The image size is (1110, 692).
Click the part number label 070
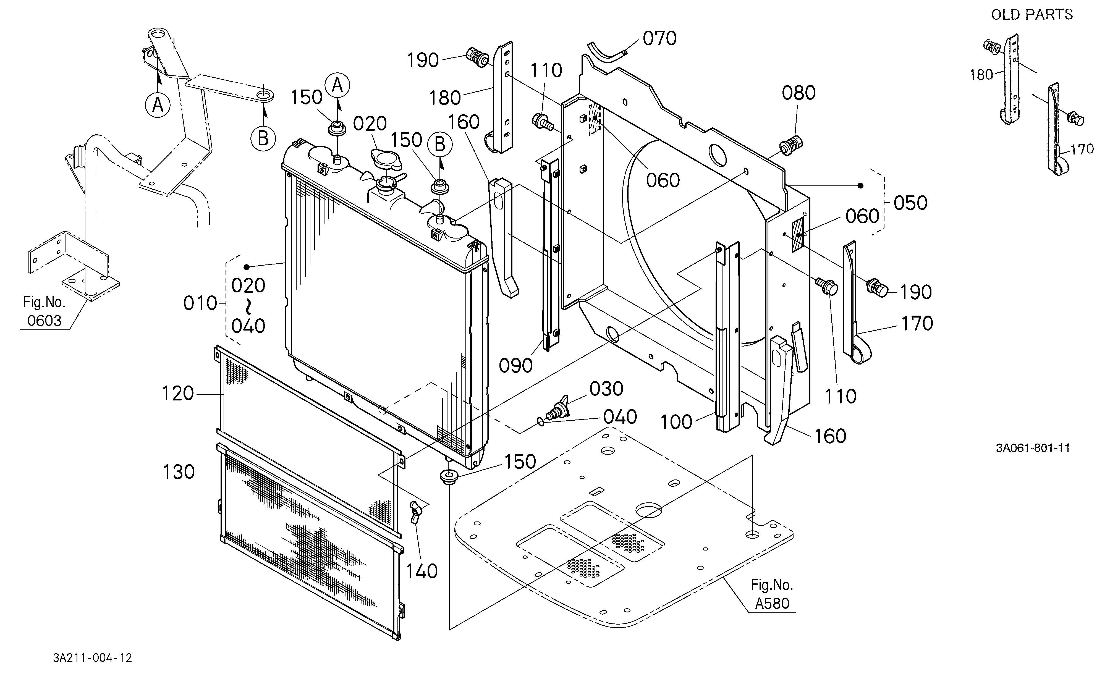(x=659, y=38)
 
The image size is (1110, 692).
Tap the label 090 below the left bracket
(x=516, y=365)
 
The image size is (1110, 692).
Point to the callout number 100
(x=677, y=422)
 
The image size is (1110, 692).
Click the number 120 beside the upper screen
(x=178, y=394)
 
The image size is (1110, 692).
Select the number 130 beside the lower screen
(x=179, y=472)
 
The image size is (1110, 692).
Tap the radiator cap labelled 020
(x=384, y=160)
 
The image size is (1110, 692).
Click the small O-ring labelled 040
(x=541, y=421)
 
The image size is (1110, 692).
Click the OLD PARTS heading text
(x=1032, y=15)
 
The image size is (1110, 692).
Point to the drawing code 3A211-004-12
(x=93, y=658)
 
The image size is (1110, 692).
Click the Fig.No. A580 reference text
(x=772, y=594)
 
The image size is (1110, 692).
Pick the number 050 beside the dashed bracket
(x=910, y=203)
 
